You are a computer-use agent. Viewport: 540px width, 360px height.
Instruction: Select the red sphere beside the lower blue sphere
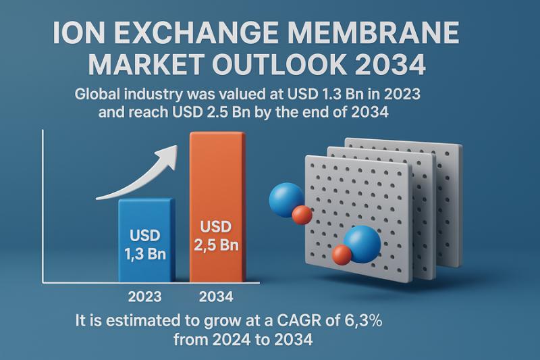pos(342,255)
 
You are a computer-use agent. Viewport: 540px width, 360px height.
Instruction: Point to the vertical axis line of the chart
pos(43,203)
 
